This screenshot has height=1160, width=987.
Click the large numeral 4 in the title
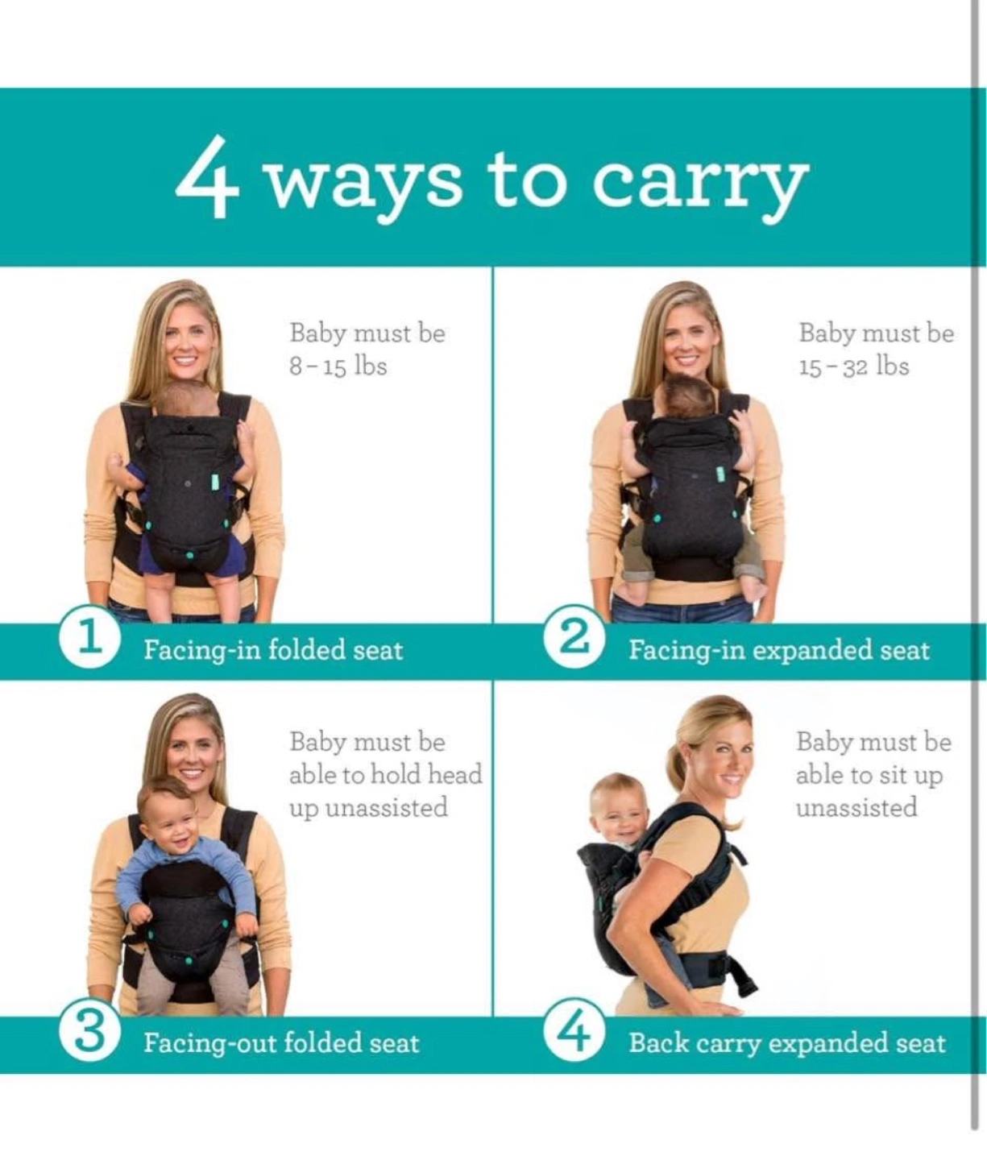207,176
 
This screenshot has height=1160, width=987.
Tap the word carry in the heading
700,184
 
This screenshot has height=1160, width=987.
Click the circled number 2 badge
574,640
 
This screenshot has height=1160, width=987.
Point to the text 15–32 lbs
854,367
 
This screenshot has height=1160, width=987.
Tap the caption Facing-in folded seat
273,650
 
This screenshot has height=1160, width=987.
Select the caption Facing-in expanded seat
779,650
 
